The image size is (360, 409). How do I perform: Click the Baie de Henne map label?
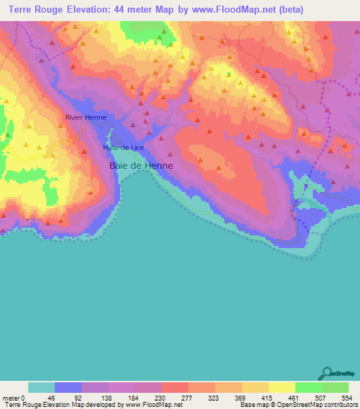141,166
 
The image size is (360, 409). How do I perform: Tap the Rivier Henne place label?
85,118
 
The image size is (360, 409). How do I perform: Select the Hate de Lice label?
123,148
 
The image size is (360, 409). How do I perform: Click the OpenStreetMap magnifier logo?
326,373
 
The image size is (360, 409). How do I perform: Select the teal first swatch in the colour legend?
41,387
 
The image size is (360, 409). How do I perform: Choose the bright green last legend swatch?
335,387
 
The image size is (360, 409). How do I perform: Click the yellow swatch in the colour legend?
281,387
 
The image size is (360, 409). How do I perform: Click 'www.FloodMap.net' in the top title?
235,9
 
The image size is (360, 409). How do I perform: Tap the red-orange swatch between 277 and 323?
201,387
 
